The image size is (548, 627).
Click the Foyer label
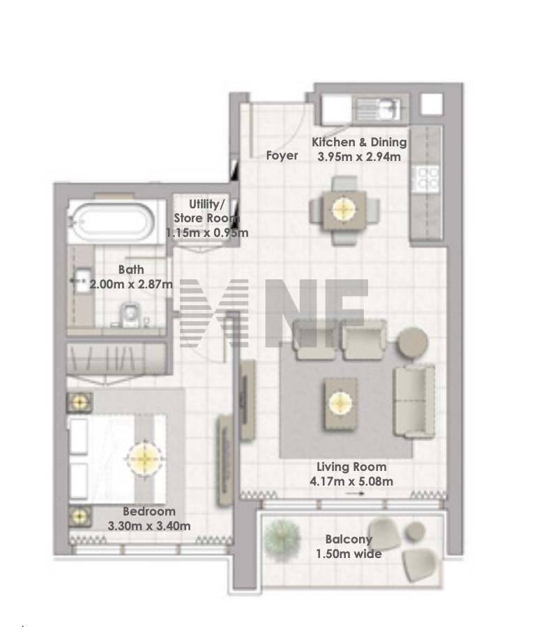pos(282,155)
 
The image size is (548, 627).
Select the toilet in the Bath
pos(129,314)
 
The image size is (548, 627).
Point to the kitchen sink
pos(378,109)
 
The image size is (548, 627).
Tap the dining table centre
pos(344,209)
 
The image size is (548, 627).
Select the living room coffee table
pos(340,404)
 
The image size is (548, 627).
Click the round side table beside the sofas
pos(412,343)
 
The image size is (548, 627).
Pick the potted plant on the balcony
pos(283,538)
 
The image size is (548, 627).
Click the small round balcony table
pos(415,532)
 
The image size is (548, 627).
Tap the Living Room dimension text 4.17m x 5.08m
pos(351,481)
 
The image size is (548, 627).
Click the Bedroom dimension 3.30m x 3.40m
pos(149,525)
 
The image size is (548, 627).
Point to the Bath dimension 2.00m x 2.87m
pos(131,284)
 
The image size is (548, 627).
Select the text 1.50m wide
pos(349,554)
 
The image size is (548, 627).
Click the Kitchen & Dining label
pos(359,142)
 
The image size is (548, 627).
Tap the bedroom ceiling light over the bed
pos(145,458)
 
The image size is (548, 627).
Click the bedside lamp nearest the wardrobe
pos(79,402)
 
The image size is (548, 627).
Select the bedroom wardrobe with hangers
pos(116,358)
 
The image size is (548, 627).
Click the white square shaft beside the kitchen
pos(432,104)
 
